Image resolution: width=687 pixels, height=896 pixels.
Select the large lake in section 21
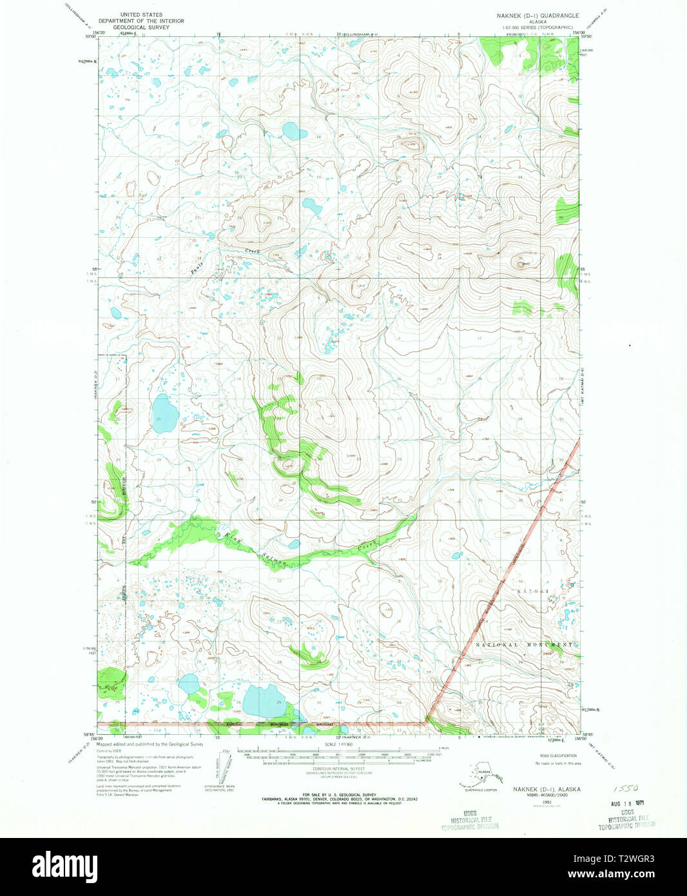164,414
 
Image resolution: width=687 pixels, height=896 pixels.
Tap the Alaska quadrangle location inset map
481,775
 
